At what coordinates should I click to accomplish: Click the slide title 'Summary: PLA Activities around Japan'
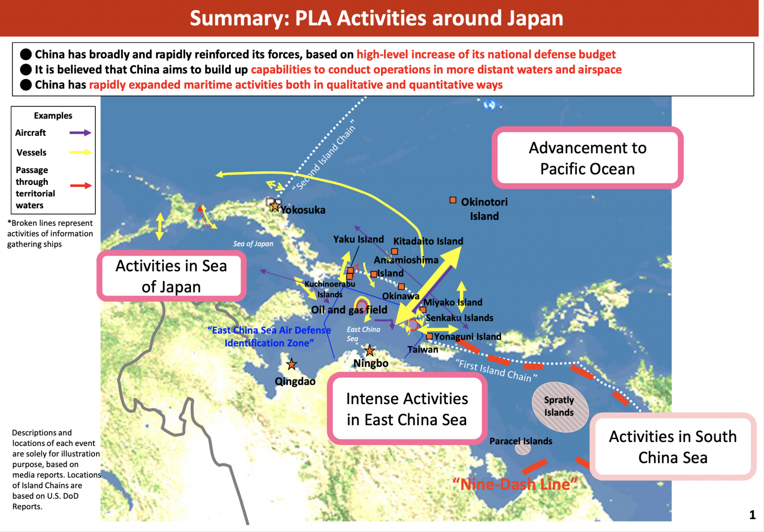[377, 18]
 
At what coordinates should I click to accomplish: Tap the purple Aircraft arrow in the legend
[80, 133]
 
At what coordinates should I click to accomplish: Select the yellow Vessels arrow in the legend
[80, 152]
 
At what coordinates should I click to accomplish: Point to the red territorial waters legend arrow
[81, 185]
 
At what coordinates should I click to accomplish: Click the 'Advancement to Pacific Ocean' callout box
[587, 158]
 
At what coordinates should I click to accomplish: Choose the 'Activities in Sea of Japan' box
[171, 276]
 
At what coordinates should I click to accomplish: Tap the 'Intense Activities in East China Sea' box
[407, 409]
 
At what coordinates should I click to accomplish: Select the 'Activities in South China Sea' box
[672, 446]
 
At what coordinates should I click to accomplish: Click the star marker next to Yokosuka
[275, 205]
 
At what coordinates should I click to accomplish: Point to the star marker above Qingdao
[291, 364]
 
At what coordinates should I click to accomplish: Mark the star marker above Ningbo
[370, 351]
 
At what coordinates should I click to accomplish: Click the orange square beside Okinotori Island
[453, 200]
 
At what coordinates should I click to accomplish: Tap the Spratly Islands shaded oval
[560, 406]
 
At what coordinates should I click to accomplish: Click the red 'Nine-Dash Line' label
[515, 484]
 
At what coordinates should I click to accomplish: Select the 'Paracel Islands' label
[521, 441]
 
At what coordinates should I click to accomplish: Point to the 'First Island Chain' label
[496, 370]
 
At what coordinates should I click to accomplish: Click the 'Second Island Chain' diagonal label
[324, 155]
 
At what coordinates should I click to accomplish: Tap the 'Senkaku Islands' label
[459, 318]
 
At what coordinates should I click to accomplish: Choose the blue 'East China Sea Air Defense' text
[269, 330]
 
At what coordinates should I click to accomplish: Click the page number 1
[752, 515]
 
